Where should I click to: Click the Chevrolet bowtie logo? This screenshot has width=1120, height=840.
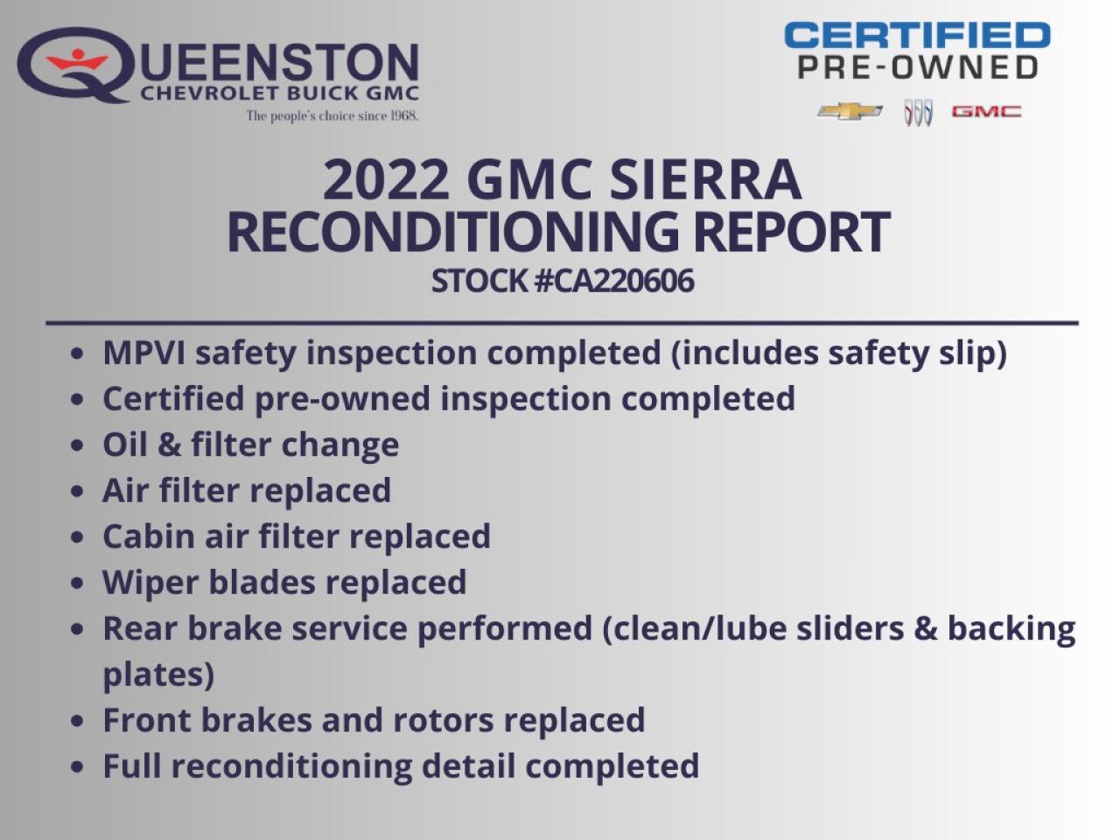(x=850, y=111)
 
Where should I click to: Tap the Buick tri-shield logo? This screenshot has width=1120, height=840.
(x=918, y=112)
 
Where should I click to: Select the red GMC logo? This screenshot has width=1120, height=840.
(x=986, y=111)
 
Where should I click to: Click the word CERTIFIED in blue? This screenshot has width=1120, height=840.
(x=917, y=36)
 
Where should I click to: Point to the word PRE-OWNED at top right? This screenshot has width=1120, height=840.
(x=918, y=67)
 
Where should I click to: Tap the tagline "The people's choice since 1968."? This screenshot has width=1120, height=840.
(x=332, y=115)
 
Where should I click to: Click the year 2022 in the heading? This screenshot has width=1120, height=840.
(x=386, y=179)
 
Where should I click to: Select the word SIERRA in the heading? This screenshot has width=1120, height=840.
(x=704, y=179)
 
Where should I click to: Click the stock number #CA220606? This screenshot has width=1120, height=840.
(x=613, y=281)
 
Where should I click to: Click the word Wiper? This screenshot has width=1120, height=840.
(x=150, y=583)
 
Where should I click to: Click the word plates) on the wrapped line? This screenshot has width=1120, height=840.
(x=158, y=675)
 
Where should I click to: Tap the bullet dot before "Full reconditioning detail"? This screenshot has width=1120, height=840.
(x=79, y=767)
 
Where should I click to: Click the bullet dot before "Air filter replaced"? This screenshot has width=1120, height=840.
(x=79, y=492)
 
